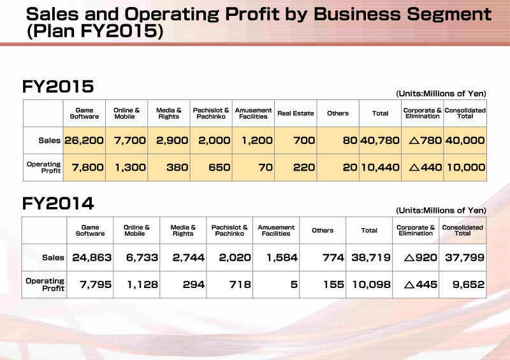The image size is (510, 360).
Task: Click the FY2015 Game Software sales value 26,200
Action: [x=84, y=140]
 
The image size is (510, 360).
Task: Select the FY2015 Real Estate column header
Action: [x=295, y=113]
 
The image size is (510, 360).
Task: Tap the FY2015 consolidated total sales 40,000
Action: [x=465, y=140]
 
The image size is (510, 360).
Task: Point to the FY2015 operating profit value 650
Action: [x=219, y=168]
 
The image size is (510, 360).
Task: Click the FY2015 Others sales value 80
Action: [x=350, y=140]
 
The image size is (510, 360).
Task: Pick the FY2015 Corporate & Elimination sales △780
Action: [x=425, y=140]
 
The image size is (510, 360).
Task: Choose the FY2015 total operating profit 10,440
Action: [x=380, y=168]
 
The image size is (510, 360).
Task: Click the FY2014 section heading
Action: [x=58, y=204]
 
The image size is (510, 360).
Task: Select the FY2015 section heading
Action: [x=58, y=87]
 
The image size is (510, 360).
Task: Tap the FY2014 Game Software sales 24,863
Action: [x=92, y=257]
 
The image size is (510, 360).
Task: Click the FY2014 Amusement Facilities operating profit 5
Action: [x=294, y=285]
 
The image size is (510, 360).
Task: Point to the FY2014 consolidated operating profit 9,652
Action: [x=469, y=285]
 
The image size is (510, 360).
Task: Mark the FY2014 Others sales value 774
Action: [x=333, y=257]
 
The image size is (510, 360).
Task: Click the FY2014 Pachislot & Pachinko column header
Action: [x=229, y=230]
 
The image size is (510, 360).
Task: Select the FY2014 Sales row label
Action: [x=53, y=257]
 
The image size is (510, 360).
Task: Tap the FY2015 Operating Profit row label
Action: [x=44, y=167]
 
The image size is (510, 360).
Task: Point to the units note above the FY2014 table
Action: [x=441, y=210]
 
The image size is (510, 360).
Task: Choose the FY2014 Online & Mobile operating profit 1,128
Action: [x=142, y=285]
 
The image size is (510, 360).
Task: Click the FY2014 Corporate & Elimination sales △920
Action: [x=421, y=257]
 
